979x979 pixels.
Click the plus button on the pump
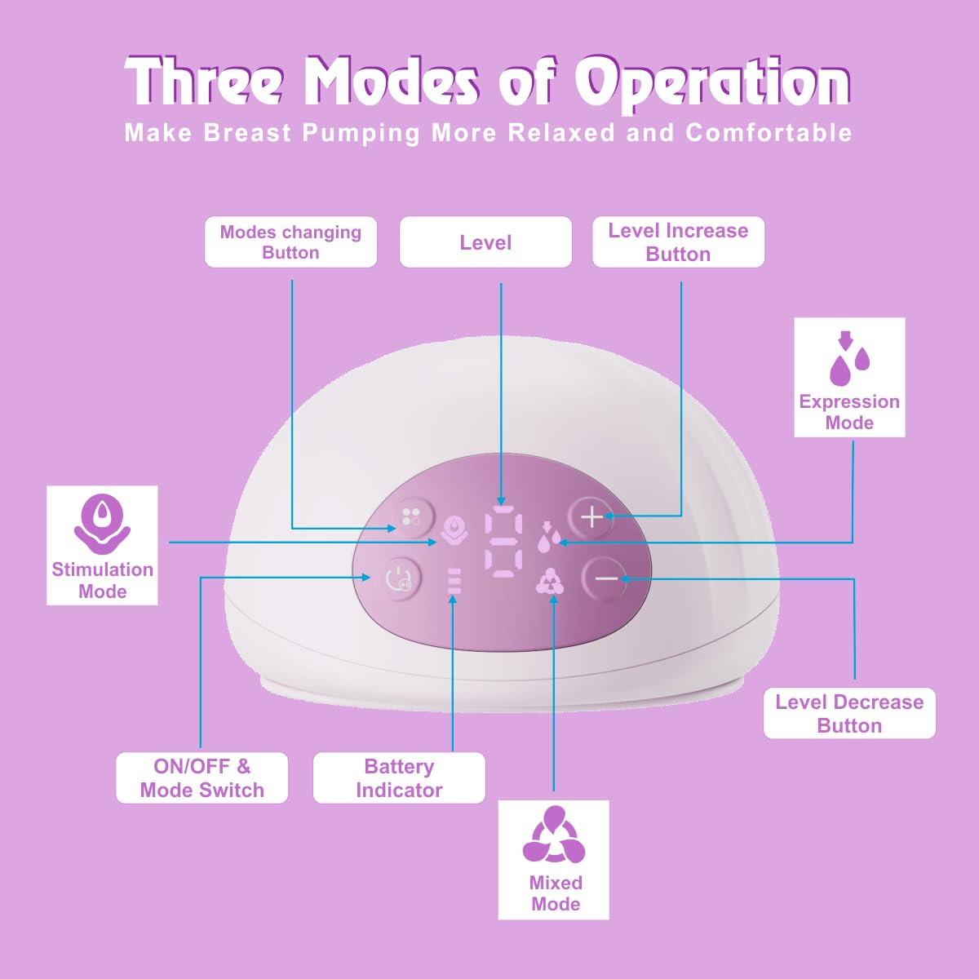(591, 516)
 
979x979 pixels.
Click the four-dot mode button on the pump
(411, 516)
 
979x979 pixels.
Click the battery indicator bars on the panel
(454, 580)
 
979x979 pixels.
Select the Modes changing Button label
(290, 242)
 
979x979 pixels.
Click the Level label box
(485, 242)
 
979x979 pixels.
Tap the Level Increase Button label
(678, 242)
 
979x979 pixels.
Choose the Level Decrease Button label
(849, 714)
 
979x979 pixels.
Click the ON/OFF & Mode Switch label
(202, 778)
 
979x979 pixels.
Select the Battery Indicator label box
(399, 778)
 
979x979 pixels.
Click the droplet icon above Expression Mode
(848, 359)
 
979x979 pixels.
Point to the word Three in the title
(205, 83)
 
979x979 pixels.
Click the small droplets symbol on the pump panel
(549, 537)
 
